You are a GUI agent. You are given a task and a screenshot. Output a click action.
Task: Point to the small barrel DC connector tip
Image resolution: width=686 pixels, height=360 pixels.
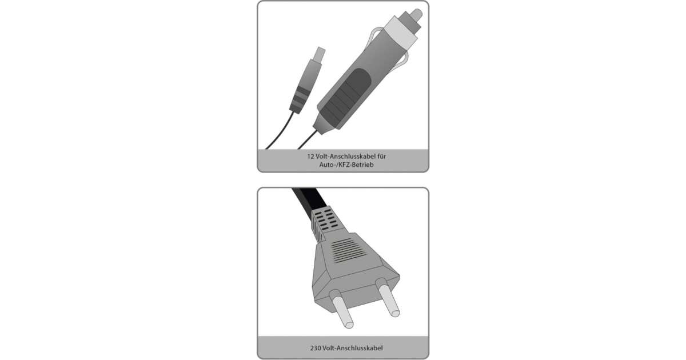[320, 54]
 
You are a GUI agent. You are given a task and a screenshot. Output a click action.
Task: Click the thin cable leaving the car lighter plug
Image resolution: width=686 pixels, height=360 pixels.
[308, 139]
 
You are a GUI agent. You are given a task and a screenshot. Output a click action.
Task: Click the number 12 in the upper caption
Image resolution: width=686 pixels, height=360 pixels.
[310, 157]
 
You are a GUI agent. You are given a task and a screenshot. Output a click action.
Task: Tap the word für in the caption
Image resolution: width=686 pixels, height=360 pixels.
[382, 157]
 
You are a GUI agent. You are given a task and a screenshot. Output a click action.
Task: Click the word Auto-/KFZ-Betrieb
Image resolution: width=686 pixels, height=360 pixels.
[346, 165]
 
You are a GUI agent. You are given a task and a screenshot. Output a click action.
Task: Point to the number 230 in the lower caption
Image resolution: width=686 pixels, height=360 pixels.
[316, 348]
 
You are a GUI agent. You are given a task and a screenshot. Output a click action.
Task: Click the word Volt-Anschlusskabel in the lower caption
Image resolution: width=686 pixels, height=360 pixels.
[353, 348]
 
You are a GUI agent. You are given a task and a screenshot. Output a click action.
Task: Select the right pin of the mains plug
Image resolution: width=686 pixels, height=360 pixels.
[388, 298]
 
